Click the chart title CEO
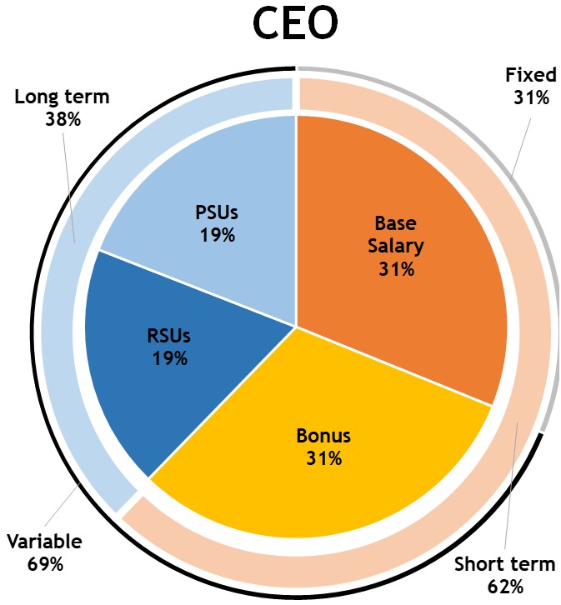tap(295, 24)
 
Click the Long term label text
tap(63, 97)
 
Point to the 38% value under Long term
tap(63, 119)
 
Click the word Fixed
tap(530, 76)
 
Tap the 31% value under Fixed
tap(531, 97)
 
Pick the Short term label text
tap(504, 564)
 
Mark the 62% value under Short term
tap(505, 586)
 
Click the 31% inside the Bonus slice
tap(324, 457)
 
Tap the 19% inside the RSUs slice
tap(170, 358)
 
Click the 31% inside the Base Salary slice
tap(396, 268)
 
